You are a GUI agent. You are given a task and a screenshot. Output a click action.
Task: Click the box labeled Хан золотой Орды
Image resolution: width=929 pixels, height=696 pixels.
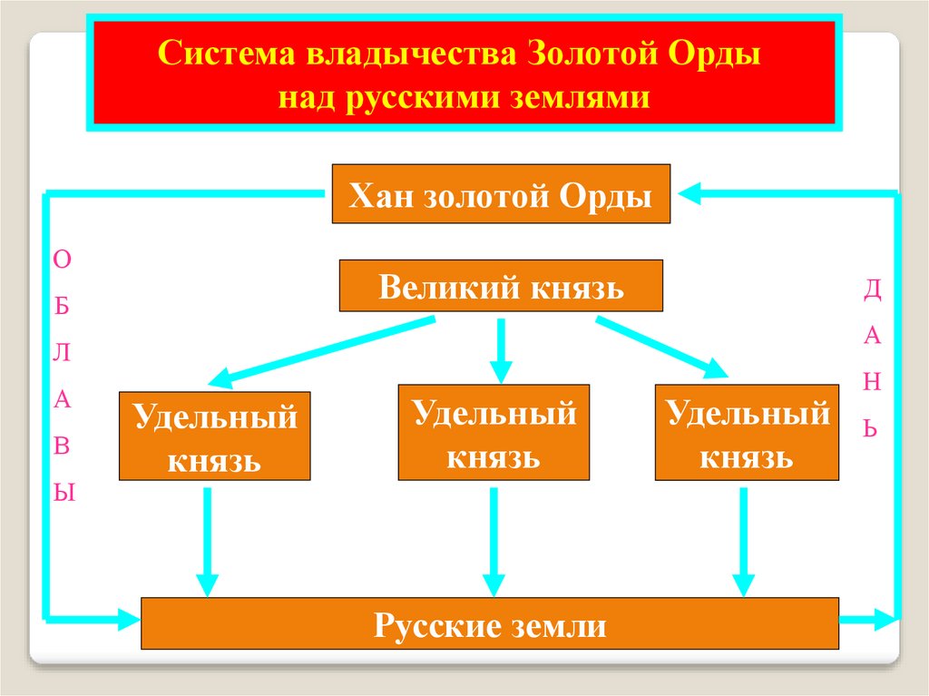pyautogui.click(x=501, y=194)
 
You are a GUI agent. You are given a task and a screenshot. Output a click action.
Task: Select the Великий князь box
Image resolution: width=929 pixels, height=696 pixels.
pyautogui.click(x=501, y=287)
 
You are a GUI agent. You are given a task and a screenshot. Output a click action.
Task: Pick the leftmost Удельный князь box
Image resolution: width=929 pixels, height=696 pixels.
pyautogui.click(x=215, y=436)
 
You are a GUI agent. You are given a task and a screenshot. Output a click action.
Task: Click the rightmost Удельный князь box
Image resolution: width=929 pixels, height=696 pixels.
pyautogui.click(x=748, y=432)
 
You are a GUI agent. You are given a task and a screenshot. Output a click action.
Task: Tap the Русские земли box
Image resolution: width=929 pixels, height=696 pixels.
pyautogui.click(x=490, y=624)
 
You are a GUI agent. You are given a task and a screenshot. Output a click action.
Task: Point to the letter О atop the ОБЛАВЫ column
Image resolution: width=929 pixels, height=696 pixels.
pyautogui.click(x=62, y=260)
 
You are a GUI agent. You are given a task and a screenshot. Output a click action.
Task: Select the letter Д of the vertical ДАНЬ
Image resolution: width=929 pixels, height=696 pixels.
pyautogui.click(x=872, y=289)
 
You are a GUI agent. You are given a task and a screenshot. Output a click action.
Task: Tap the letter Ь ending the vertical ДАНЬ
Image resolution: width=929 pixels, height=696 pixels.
pyautogui.click(x=871, y=426)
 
